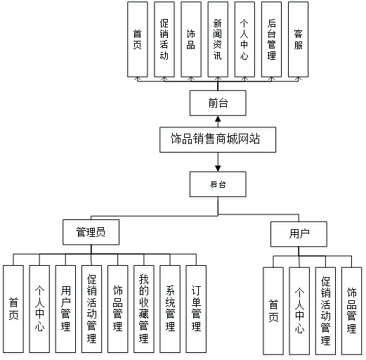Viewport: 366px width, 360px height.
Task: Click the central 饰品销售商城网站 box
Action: tap(218, 140)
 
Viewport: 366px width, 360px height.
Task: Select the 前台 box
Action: tap(218, 103)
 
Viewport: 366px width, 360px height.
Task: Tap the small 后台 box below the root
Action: tap(218, 184)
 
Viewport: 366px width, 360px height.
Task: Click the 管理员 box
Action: tap(91, 232)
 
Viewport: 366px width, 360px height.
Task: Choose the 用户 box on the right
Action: tap(299, 234)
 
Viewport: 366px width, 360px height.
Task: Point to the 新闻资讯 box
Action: tap(218, 39)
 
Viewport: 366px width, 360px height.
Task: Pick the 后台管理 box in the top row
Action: tap(271, 39)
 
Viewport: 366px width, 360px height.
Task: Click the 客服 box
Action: tap(298, 39)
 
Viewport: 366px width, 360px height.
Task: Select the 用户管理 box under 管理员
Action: tap(65, 309)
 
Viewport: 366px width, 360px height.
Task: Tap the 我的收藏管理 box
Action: tap(144, 309)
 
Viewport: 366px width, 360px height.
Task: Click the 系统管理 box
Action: tap(170, 309)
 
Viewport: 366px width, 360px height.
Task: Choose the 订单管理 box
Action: tap(196, 309)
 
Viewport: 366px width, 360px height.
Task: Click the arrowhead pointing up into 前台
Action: tap(218, 119)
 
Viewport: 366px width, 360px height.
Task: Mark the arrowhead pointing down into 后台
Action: tap(218, 169)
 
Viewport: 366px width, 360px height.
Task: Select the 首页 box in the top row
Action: tap(138, 39)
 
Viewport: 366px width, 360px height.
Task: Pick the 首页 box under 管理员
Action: tap(13, 309)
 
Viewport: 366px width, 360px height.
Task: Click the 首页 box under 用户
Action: tap(273, 311)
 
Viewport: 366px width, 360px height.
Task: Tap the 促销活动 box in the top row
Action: tap(164, 39)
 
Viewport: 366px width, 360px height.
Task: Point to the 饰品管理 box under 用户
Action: tap(352, 311)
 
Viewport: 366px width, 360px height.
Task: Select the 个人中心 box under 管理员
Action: tap(39, 309)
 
